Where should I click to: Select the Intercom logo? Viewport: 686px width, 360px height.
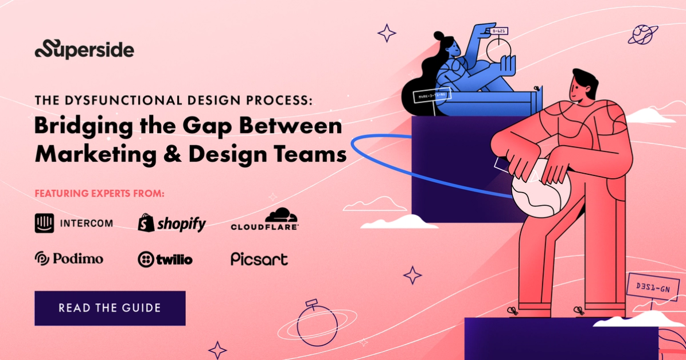(x=73, y=223)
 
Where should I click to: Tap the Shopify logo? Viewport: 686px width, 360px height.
(x=171, y=223)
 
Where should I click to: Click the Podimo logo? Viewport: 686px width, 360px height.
(x=69, y=259)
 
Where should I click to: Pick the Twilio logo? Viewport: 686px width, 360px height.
(x=165, y=259)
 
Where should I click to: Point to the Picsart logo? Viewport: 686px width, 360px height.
(x=259, y=259)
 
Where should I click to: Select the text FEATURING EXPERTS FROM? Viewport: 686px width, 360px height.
(x=100, y=194)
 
